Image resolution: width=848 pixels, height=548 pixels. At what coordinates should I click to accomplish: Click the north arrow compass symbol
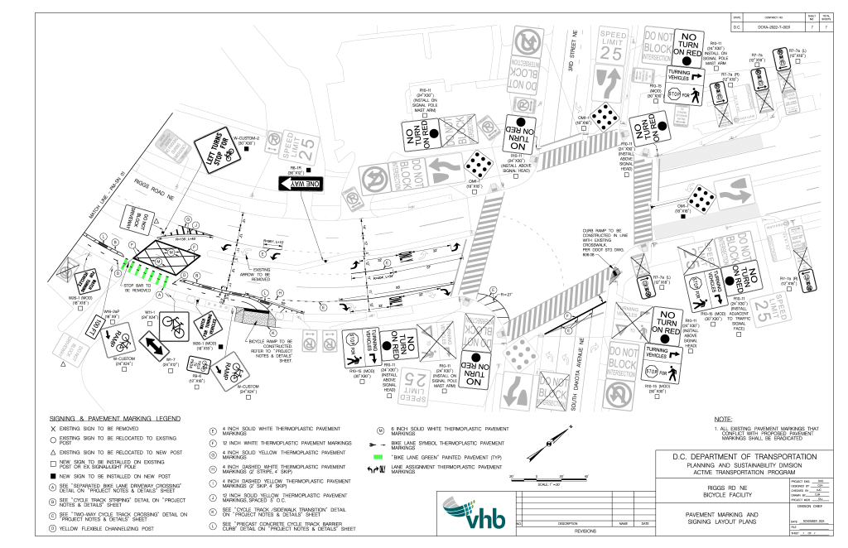click(549, 443)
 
